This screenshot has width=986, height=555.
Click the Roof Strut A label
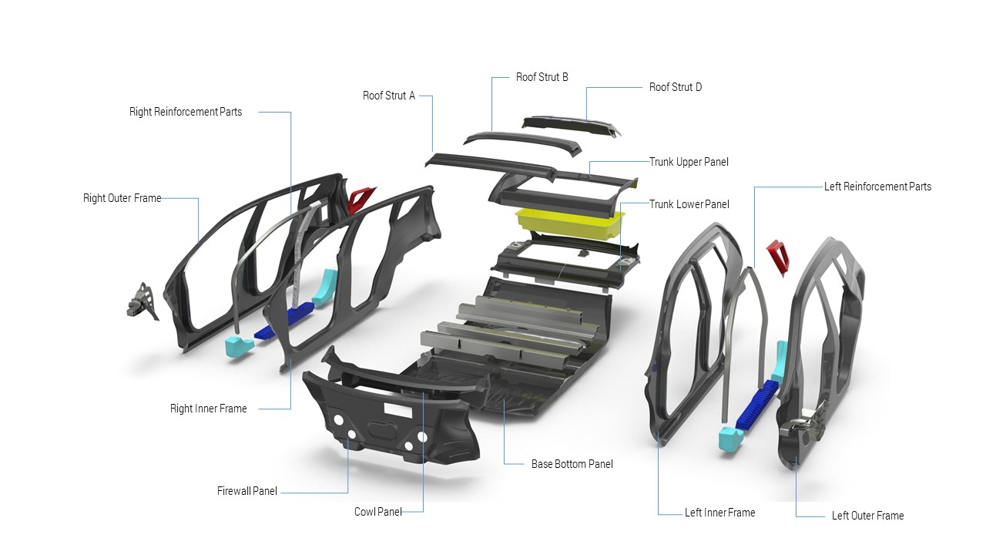pyautogui.click(x=388, y=96)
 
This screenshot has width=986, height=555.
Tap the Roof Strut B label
pyautogui.click(x=542, y=77)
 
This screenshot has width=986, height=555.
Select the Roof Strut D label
pyautogui.click(x=675, y=87)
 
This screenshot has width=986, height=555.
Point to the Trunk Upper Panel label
pyautogui.click(x=688, y=162)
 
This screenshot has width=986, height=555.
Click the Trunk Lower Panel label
pyautogui.click(x=689, y=204)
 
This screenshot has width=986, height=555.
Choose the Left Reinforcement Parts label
pyautogui.click(x=877, y=187)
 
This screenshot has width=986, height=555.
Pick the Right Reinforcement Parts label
pyautogui.click(x=186, y=112)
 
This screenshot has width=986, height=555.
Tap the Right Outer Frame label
pyautogui.click(x=122, y=198)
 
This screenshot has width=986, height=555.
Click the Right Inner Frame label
pyautogui.click(x=208, y=409)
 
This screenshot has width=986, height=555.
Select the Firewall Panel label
pyautogui.click(x=246, y=491)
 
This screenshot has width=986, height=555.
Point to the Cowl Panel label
pyautogui.click(x=377, y=512)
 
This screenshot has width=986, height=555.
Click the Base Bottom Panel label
pyautogui.click(x=572, y=464)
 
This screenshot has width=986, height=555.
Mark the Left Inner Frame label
pyautogui.click(x=719, y=513)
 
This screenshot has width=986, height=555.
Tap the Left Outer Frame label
pyautogui.click(x=867, y=516)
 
